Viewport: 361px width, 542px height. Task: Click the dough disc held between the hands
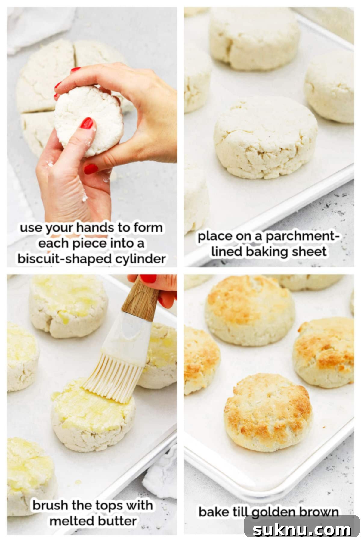[89, 120]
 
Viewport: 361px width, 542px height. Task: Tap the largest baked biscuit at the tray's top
[250, 310]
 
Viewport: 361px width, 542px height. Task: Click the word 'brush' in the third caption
[51, 505]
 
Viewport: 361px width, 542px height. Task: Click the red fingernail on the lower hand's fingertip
[91, 168]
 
